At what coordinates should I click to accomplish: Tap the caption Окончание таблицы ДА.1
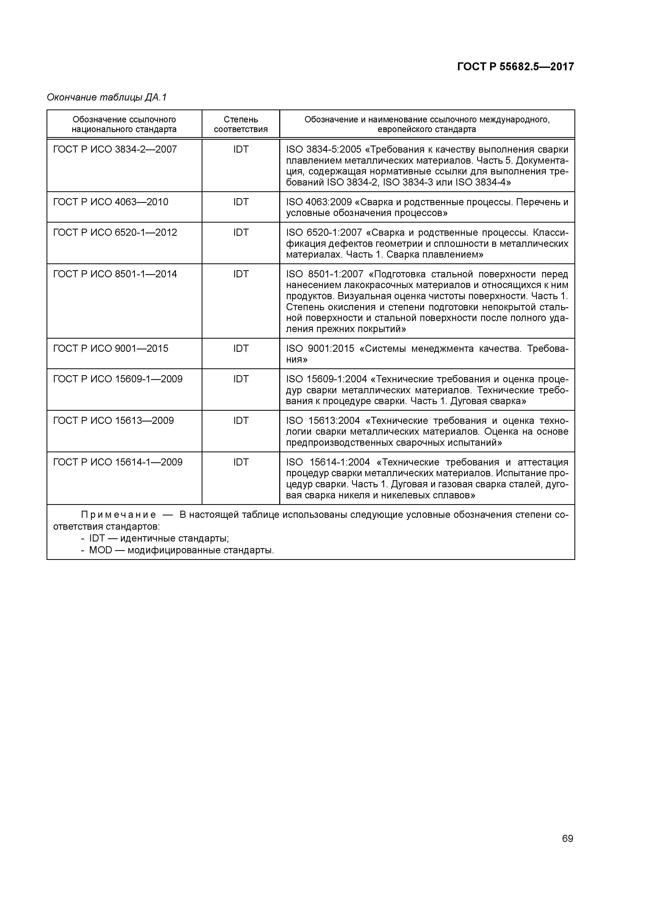tap(106, 97)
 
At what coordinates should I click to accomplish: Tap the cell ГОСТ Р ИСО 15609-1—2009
tap(118, 379)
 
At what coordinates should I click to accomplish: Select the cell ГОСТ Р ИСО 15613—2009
tap(113, 421)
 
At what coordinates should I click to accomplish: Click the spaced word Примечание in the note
tap(119, 515)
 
